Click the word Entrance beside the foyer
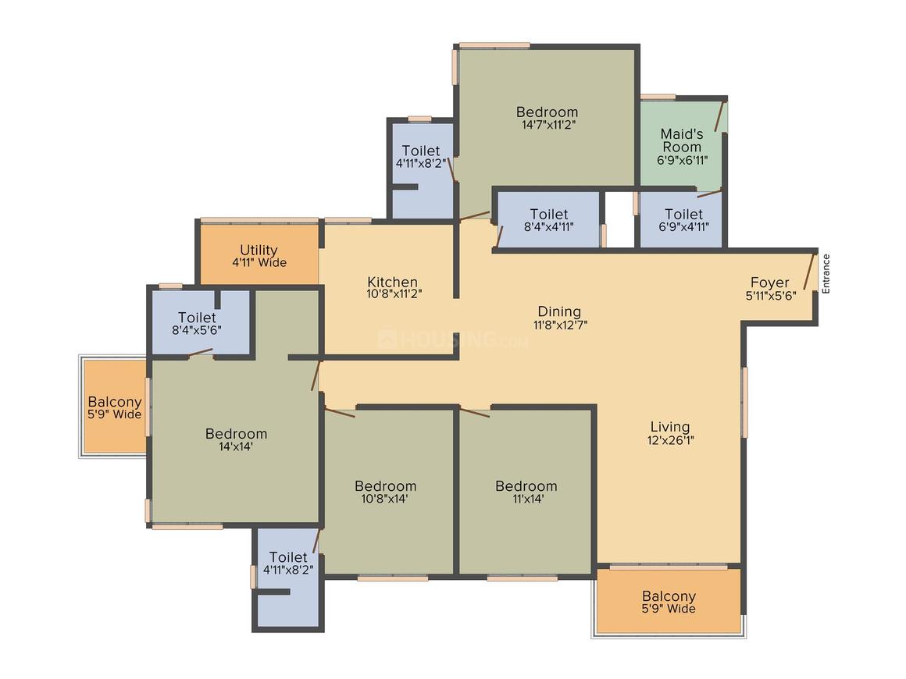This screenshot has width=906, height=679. point(826,274)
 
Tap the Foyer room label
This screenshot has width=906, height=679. point(769,283)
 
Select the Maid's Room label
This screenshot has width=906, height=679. point(682,140)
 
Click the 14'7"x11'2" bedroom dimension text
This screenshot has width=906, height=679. point(548,125)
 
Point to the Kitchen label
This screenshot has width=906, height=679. point(392,282)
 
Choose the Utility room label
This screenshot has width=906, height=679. point(259,250)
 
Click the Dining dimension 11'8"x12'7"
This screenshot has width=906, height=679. point(560,325)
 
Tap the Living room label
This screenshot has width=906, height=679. point(670,427)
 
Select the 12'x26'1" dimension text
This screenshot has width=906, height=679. point(670,440)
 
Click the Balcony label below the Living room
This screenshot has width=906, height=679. point(669,595)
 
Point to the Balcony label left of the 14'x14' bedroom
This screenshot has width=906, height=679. point(114,401)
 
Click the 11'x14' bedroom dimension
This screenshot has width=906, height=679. point(527,499)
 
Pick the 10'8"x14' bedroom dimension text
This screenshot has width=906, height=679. point(385,499)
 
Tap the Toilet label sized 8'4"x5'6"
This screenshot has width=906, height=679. point(197,318)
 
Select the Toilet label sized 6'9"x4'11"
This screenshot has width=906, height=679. point(683,214)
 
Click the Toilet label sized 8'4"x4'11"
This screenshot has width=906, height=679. point(549,214)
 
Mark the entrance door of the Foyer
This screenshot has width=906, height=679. point(809,272)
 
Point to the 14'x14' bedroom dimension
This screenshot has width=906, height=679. point(236,446)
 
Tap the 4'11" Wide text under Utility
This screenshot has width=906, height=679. point(259,263)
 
